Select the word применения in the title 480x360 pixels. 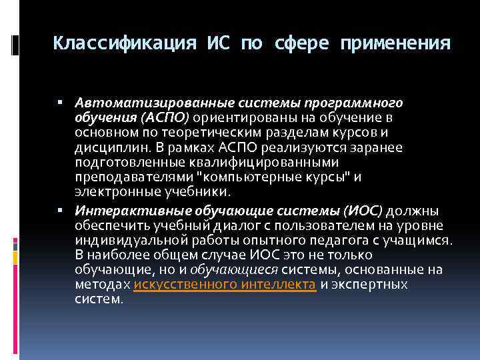[x=395, y=44]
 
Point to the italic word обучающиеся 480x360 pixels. [x=234, y=269]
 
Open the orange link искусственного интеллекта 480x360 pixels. [x=225, y=284]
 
